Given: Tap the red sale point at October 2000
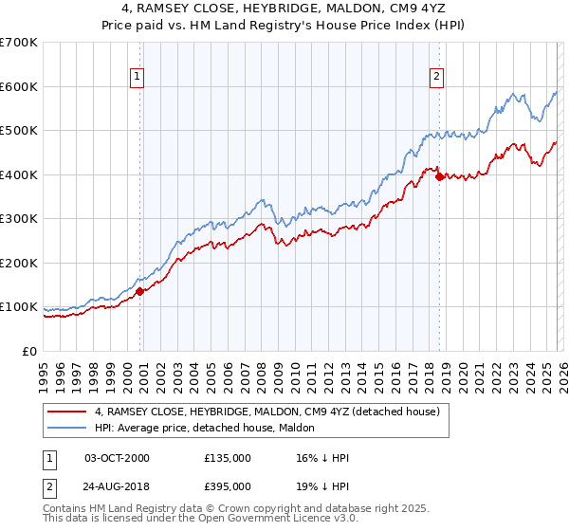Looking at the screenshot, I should (139, 292).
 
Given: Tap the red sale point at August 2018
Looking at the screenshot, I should (438, 177).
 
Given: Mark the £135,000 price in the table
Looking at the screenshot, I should (227, 458).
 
